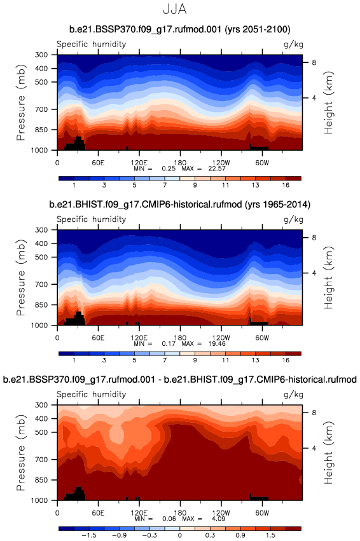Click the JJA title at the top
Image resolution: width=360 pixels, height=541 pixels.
[175, 10]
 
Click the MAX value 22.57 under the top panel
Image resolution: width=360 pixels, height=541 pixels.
[217, 168]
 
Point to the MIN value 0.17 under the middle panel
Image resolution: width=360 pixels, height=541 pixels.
[169, 344]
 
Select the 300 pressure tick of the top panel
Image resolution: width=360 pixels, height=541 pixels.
[42, 55]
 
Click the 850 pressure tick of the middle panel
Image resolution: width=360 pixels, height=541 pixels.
[42, 305]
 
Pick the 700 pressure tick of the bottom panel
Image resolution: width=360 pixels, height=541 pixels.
[42, 460]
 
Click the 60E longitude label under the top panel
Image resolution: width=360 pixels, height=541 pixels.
[98, 163]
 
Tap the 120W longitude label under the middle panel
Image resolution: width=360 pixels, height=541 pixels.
[221, 338]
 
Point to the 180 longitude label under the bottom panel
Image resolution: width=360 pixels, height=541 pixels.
[180, 512]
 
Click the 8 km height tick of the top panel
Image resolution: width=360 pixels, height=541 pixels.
[314, 62]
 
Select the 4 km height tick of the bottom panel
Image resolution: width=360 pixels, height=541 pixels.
[314, 448]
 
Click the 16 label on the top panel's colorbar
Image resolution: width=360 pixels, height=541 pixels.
[286, 185]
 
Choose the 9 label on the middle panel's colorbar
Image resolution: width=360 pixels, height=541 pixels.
[195, 360]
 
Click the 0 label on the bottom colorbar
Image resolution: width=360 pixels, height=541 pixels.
[180, 535]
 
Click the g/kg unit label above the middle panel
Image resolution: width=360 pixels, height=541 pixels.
[293, 219]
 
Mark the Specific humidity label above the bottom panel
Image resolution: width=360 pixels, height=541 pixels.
[92, 394]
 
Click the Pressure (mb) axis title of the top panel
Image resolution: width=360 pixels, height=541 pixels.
[21, 102]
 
